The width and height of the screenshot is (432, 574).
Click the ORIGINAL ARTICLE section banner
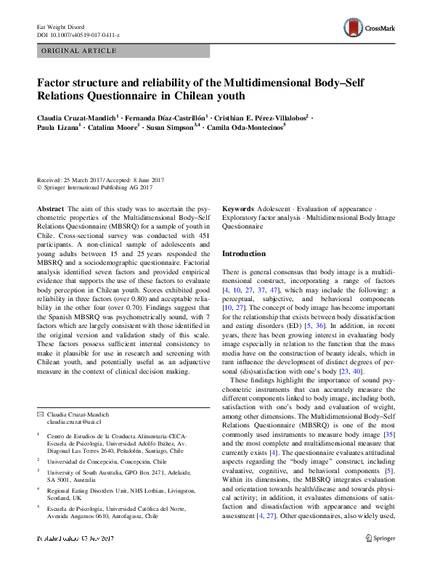[80, 51]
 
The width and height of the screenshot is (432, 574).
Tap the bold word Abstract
[50, 208]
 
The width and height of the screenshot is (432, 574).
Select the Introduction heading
[243, 254]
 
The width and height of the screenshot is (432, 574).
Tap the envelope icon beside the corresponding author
[41, 414]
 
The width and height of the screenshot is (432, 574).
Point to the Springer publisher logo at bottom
[381, 559]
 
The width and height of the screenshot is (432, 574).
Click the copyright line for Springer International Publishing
[94, 188]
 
